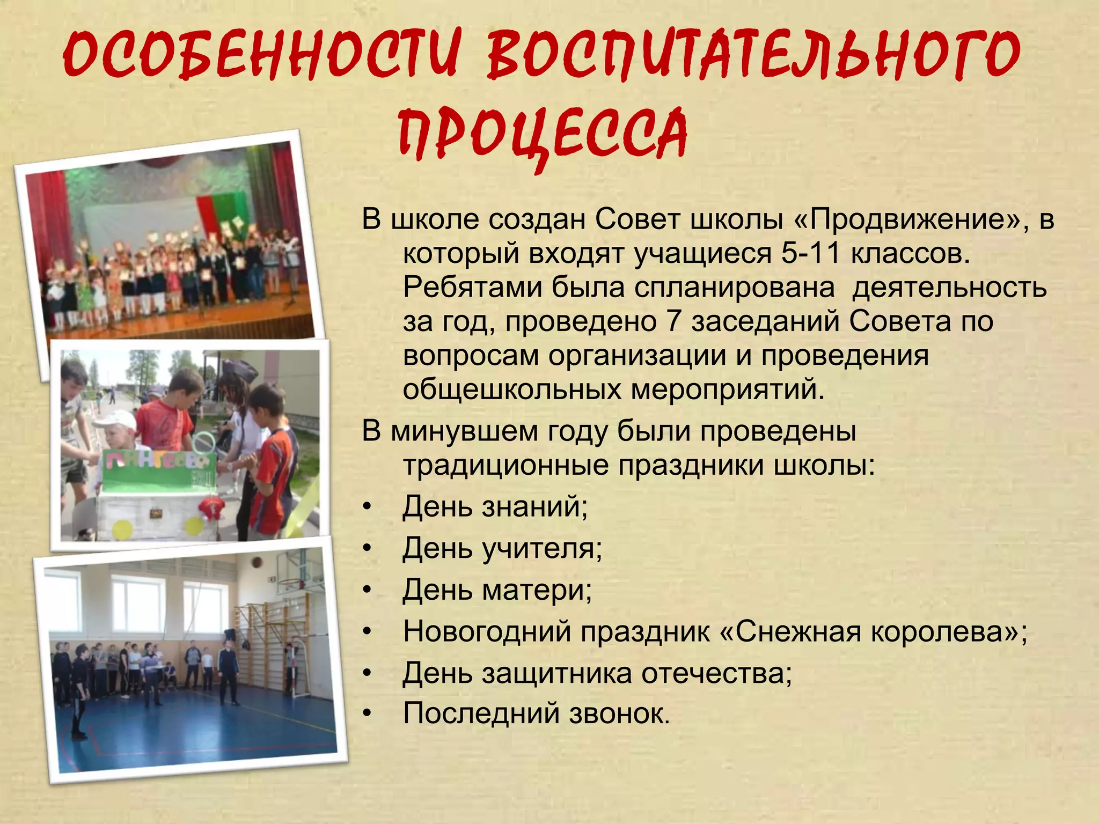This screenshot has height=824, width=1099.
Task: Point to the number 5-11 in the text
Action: point(810,253)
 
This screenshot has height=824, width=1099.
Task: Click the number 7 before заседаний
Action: point(673,321)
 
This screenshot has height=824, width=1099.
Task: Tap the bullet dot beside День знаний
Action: point(367,506)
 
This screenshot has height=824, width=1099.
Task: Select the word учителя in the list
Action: point(542,548)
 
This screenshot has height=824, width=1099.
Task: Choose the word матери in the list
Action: point(537,590)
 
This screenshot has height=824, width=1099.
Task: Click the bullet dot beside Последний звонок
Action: point(367,714)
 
